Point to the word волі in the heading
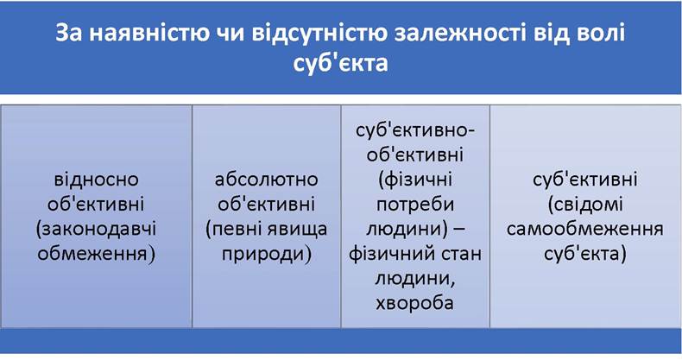pos(599,34)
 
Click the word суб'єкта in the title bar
pos(340,63)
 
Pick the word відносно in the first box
pos(96,179)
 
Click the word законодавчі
pos(96,229)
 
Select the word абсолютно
pos(266,179)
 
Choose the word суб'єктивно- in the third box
pos(415,130)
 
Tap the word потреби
pos(415,205)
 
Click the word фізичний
pos(388,255)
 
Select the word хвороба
pos(414,303)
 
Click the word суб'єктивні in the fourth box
pos(585,179)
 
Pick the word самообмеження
pos(585,229)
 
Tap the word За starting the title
pos(69,34)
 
